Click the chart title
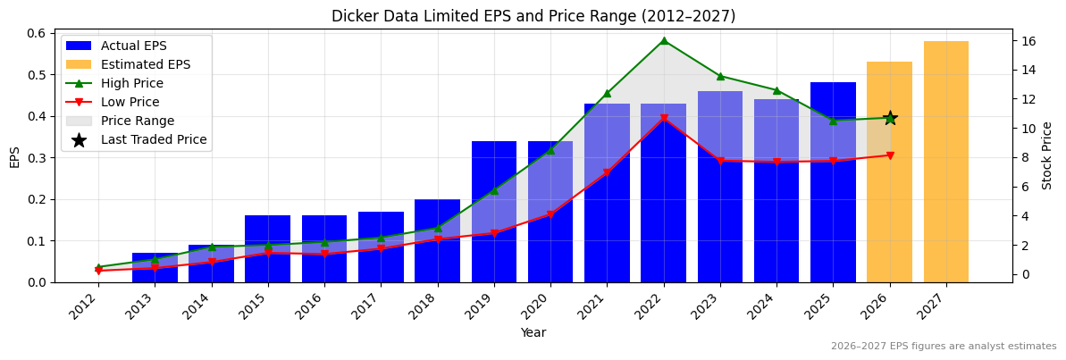(x=533, y=16)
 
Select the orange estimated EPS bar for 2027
(x=946, y=162)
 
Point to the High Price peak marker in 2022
(x=664, y=40)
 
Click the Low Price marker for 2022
(x=664, y=119)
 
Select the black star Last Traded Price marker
(x=890, y=118)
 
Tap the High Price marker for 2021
(x=607, y=93)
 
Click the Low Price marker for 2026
(x=890, y=155)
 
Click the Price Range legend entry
(x=137, y=121)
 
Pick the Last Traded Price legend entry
(x=153, y=139)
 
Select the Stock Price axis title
(x=1047, y=155)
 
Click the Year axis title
(x=533, y=332)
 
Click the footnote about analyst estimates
(x=943, y=347)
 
